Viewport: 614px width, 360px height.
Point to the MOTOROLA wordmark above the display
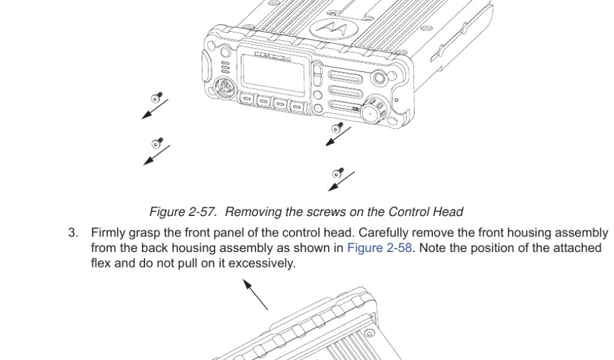273,56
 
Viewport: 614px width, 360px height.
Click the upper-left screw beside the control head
157,97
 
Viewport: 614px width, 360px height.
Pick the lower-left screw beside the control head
158,142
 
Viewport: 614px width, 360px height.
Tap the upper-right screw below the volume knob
338,128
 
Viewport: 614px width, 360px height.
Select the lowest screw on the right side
339,173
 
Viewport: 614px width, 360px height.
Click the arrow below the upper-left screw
154,110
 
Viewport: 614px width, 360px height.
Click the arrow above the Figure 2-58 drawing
255,294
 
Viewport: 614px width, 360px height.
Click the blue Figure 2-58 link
380,248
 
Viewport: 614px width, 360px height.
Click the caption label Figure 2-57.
182,212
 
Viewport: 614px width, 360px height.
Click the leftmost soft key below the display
248,101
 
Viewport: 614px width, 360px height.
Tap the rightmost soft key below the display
297,107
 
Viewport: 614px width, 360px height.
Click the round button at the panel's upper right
379,79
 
